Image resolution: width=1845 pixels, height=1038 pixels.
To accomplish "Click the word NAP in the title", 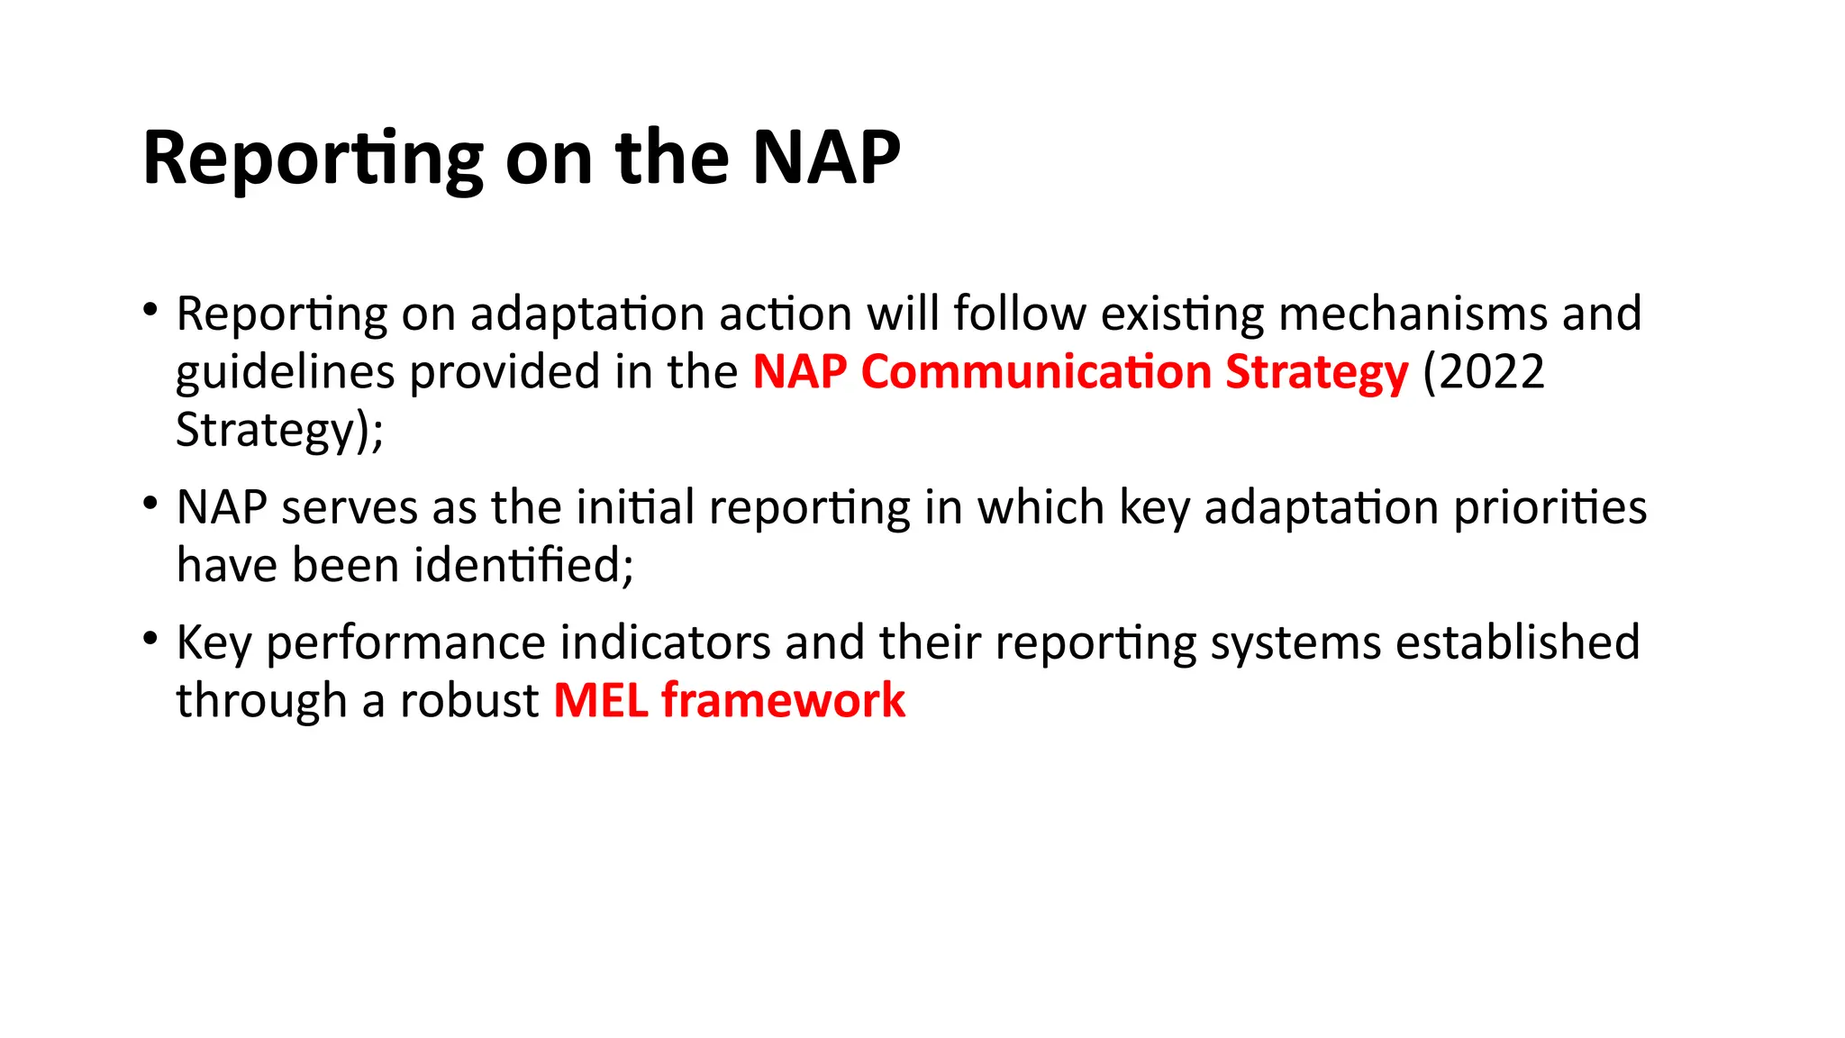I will (825, 159).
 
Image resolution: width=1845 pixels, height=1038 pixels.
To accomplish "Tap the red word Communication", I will (1036, 372).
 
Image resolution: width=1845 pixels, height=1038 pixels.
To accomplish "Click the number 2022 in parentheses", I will (1492, 372).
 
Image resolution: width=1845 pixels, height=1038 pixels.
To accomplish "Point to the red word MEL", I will (600, 701).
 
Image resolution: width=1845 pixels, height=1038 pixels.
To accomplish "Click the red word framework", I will (783, 701).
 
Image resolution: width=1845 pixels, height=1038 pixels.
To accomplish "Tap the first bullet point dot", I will (150, 311).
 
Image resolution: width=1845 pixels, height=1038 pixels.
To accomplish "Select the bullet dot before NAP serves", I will (150, 504).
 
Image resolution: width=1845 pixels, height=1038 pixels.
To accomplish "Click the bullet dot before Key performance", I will (150, 639).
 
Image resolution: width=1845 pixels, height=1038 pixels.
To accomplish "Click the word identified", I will (523, 566).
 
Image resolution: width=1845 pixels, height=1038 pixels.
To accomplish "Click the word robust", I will (469, 701).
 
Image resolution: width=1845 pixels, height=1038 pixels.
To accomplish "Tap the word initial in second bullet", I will (635, 508).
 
